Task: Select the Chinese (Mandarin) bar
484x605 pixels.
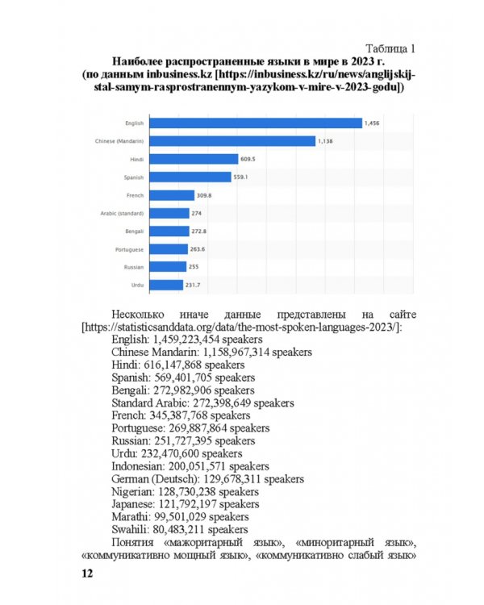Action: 233,141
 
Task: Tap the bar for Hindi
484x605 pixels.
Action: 194,159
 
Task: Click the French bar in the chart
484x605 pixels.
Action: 173,195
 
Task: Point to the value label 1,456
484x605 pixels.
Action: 372,123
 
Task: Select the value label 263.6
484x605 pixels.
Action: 198,249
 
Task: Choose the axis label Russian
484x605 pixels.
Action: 133,267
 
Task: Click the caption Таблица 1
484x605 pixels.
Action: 390,47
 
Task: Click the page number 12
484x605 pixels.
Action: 87,574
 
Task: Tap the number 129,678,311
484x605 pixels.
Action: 227,478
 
